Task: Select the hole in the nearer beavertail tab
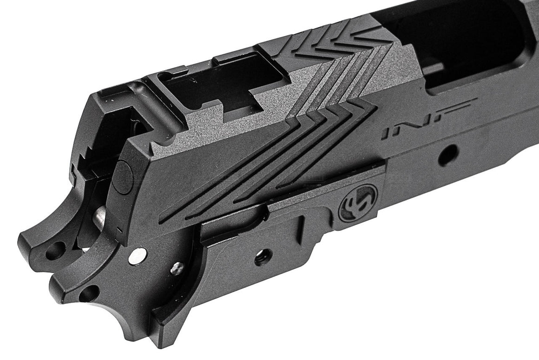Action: point(88,294)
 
